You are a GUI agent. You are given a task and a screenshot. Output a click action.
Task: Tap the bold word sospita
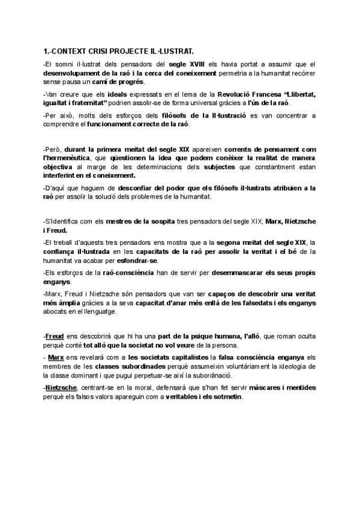coord(159,221)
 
